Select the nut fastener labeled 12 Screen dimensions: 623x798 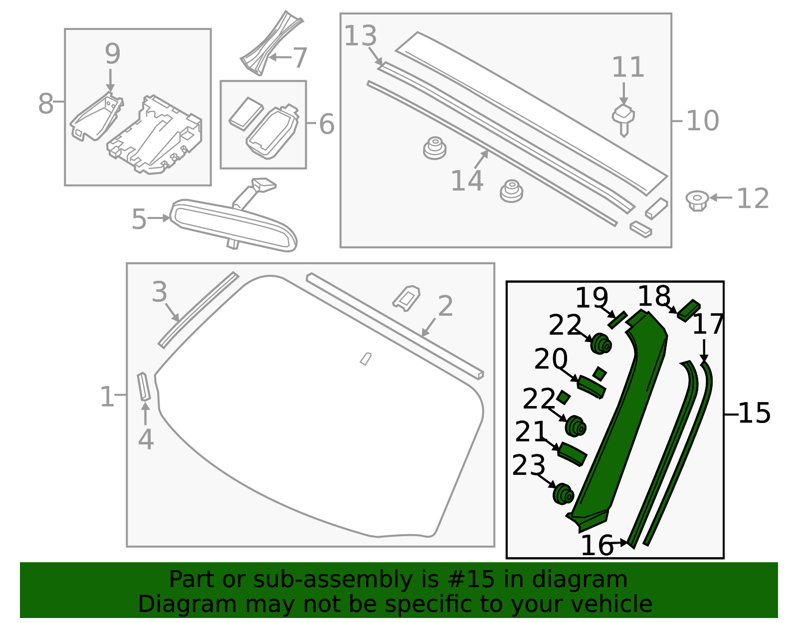click(697, 200)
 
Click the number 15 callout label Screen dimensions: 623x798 click(754, 413)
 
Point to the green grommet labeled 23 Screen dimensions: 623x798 click(564, 493)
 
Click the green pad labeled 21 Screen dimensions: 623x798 click(572, 453)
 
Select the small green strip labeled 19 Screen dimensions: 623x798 click(617, 319)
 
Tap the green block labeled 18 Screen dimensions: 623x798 click(689, 309)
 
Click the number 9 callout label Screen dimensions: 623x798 click(112, 54)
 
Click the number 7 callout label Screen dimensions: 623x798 click(300, 58)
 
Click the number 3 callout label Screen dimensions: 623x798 click(160, 292)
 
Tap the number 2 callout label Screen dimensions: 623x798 click(445, 306)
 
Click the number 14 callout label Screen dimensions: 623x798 click(467, 181)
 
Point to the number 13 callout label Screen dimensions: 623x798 click(360, 36)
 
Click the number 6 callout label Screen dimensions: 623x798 click(327, 124)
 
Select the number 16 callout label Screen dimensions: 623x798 click(597, 545)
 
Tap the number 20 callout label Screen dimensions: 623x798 click(551, 359)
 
